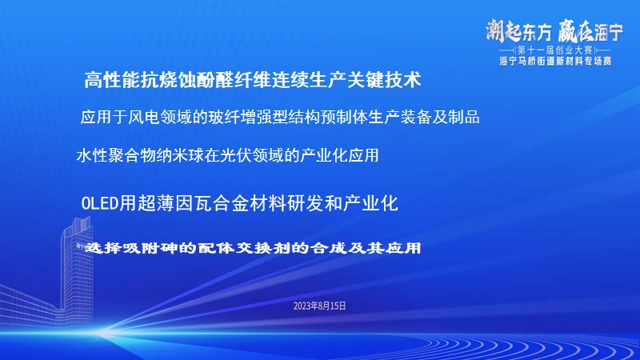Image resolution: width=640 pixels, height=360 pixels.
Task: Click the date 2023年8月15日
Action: point(319,306)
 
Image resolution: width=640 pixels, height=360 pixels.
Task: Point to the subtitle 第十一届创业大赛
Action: point(554,50)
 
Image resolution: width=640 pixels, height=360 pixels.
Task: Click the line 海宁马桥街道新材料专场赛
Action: point(554,60)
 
